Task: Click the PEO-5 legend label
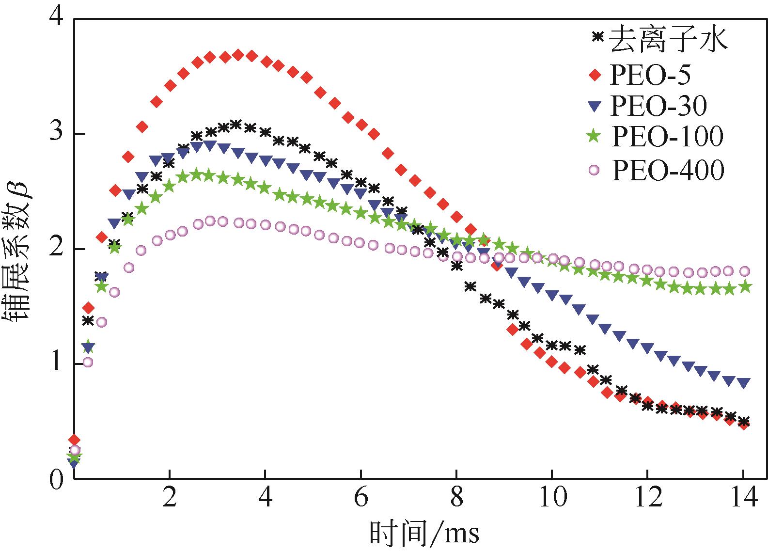[x=650, y=75]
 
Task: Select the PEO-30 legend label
[x=658, y=105]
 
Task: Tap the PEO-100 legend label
[x=667, y=137]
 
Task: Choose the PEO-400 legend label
[x=667, y=170]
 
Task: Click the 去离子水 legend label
[x=668, y=39]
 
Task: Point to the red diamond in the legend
[x=596, y=75]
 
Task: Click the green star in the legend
[x=596, y=137]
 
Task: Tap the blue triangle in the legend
[x=596, y=105]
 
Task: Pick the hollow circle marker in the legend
[x=596, y=170]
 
